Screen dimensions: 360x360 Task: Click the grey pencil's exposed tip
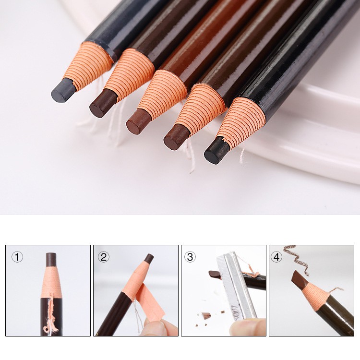click(x=62, y=90)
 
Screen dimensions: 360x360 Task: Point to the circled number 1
click(x=17, y=257)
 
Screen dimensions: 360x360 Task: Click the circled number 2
click(x=104, y=257)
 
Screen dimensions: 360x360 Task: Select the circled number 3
click(x=190, y=257)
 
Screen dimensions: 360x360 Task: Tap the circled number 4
click(x=276, y=257)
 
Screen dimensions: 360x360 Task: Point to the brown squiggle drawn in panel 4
click(x=296, y=259)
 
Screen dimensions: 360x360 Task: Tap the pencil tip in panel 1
click(x=51, y=259)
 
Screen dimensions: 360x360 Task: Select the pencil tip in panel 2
click(x=149, y=259)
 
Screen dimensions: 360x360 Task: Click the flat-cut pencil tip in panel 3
click(x=215, y=274)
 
